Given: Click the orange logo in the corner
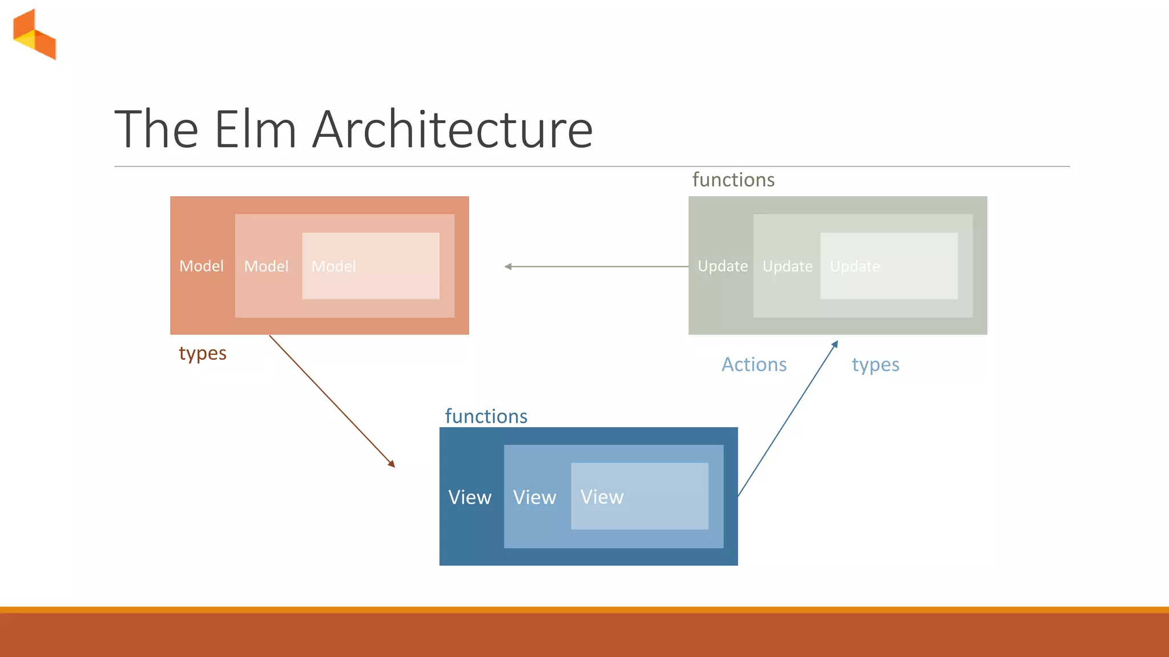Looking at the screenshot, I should pyautogui.click(x=35, y=34).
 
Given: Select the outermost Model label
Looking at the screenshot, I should pyautogui.click(x=201, y=266).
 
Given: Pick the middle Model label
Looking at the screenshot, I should pyautogui.click(x=266, y=266).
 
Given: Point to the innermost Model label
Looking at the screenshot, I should pyautogui.click(x=333, y=266).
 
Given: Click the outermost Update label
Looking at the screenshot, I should pyautogui.click(x=723, y=266).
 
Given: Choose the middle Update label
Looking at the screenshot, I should pyautogui.click(x=787, y=266).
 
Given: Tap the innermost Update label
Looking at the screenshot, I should pyautogui.click(x=854, y=266).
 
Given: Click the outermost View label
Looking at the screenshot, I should pyautogui.click(x=470, y=497).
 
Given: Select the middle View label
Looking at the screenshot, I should pyautogui.click(x=534, y=497).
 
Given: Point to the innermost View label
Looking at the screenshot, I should pyautogui.click(x=602, y=497).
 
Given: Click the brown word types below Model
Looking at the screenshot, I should pyautogui.click(x=203, y=354).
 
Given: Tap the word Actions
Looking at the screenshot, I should pyautogui.click(x=754, y=364).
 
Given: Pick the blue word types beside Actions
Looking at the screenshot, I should pyautogui.click(x=876, y=365).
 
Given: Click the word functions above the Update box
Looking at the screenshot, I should pyautogui.click(x=733, y=180).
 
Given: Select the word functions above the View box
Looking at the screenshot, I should pyautogui.click(x=486, y=416).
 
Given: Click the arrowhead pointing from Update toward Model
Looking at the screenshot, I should pyautogui.click(x=508, y=266).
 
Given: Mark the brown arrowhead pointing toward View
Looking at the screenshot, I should pyautogui.click(x=392, y=464).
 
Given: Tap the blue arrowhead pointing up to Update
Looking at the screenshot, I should pyautogui.click(x=835, y=344).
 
